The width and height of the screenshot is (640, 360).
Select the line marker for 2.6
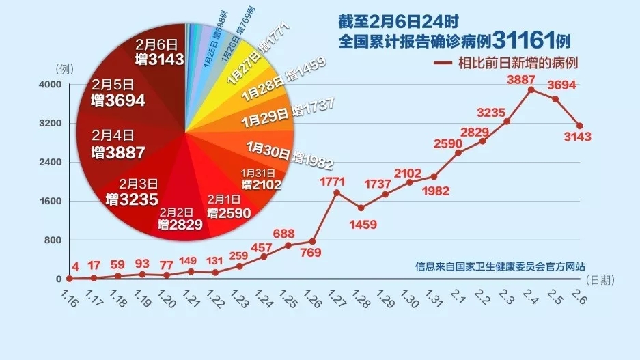pyautogui.click(x=579, y=126)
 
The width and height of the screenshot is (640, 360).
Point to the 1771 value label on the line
pyautogui.click(x=336, y=182)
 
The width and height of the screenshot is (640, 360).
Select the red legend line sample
pyautogui.click(x=443, y=63)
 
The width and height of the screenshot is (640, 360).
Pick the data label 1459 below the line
pyautogui.click(x=361, y=223)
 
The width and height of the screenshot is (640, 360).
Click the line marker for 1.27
pyautogui.click(x=336, y=193)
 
